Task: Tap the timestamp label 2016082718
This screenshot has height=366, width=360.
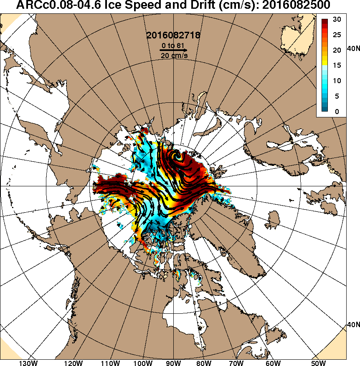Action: click(173, 36)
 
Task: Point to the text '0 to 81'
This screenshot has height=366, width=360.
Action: click(173, 45)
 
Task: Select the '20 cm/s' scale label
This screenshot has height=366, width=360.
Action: click(173, 56)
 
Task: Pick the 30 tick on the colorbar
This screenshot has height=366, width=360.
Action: click(337, 20)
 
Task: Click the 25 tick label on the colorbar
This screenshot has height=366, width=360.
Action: click(337, 35)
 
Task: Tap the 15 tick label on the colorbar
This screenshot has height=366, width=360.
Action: click(337, 65)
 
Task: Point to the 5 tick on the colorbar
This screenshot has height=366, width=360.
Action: click(337, 96)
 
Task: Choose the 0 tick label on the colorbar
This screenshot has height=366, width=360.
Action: click(337, 112)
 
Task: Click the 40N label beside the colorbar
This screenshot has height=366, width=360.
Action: click(353, 49)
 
